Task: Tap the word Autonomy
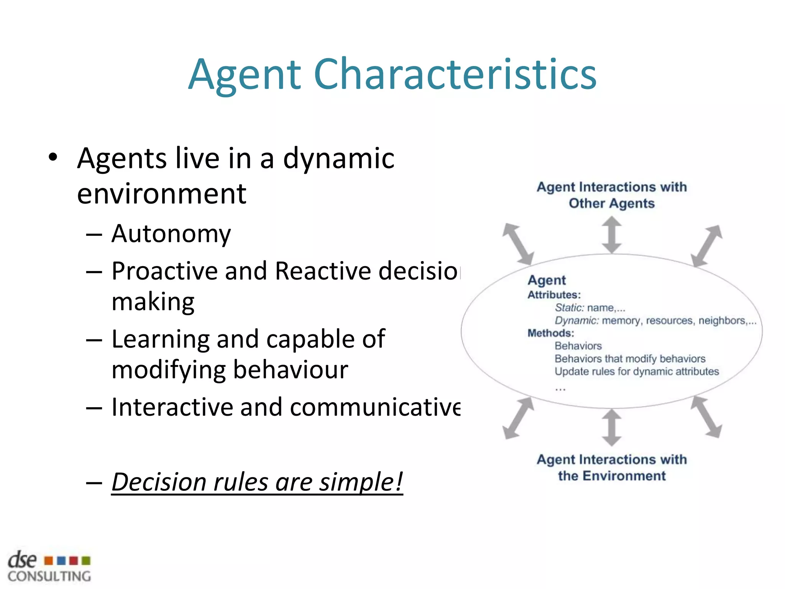point(171,234)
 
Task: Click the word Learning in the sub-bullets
point(161,339)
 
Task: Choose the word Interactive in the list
point(171,407)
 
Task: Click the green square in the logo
point(86,561)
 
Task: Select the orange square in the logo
point(49,561)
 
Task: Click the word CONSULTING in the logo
point(49,576)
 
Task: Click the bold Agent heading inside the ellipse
point(547,280)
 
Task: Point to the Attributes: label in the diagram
point(554,295)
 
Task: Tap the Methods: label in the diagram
point(551,333)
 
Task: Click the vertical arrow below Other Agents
point(612,235)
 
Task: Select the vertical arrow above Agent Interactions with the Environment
point(612,427)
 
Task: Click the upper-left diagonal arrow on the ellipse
point(518,244)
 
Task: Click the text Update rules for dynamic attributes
point(637,372)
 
